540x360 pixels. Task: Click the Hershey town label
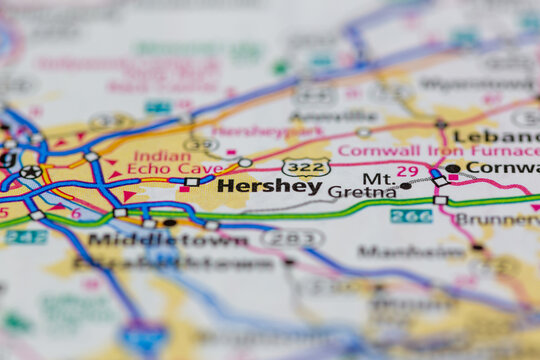(x=269, y=186)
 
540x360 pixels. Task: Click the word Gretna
(x=349, y=192)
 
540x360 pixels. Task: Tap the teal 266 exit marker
(x=410, y=216)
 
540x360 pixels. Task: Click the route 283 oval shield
(x=292, y=238)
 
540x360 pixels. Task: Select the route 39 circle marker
(x=201, y=144)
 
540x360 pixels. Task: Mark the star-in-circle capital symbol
(x=31, y=171)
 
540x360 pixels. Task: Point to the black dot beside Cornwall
(x=453, y=168)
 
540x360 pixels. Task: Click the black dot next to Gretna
(x=405, y=186)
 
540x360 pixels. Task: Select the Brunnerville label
(x=496, y=218)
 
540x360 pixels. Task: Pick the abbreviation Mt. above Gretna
(x=378, y=178)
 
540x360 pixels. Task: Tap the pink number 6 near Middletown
(x=76, y=213)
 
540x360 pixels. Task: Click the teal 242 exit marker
(x=25, y=237)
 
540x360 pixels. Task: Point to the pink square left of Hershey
(x=184, y=188)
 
